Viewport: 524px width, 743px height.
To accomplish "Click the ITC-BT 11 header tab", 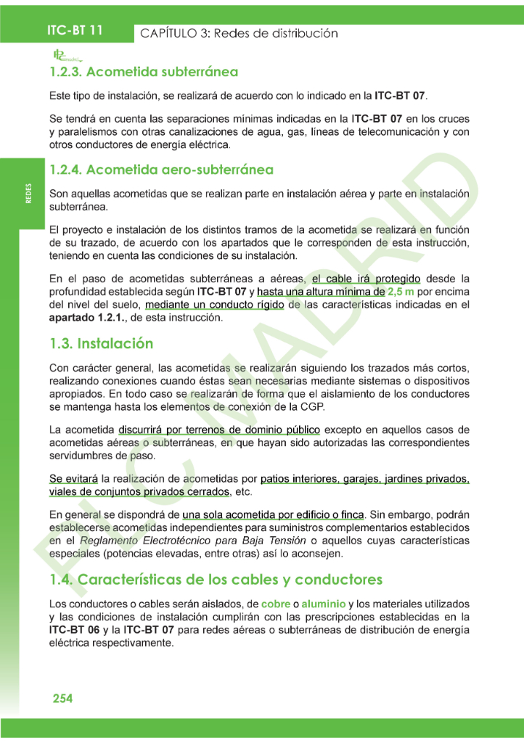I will click(x=75, y=31).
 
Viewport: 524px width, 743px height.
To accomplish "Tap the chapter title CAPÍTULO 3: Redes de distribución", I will click(x=239, y=33).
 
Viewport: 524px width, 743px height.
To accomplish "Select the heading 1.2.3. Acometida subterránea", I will click(x=144, y=73).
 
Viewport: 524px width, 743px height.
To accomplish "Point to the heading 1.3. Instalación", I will click(x=101, y=342).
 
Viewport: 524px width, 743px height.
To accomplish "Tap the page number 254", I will click(x=62, y=698).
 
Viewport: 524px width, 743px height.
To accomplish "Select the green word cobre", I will click(x=276, y=604).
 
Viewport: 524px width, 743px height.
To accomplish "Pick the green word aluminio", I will click(x=324, y=604).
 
